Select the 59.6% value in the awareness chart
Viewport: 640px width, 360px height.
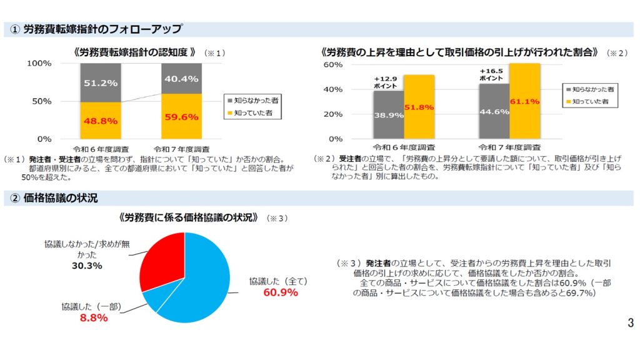coord(181,116)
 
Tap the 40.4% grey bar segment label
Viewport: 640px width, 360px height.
coord(181,79)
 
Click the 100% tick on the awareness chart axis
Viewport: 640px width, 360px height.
coord(39,64)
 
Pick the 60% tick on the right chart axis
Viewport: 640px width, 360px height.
coord(332,65)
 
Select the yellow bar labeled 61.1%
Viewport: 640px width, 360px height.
coord(524,101)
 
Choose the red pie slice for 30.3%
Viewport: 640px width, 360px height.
coord(162,257)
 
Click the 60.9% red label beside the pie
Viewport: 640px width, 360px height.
coord(280,292)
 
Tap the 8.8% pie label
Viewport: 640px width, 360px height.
coord(94,318)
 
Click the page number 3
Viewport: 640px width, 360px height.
coord(630,323)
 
